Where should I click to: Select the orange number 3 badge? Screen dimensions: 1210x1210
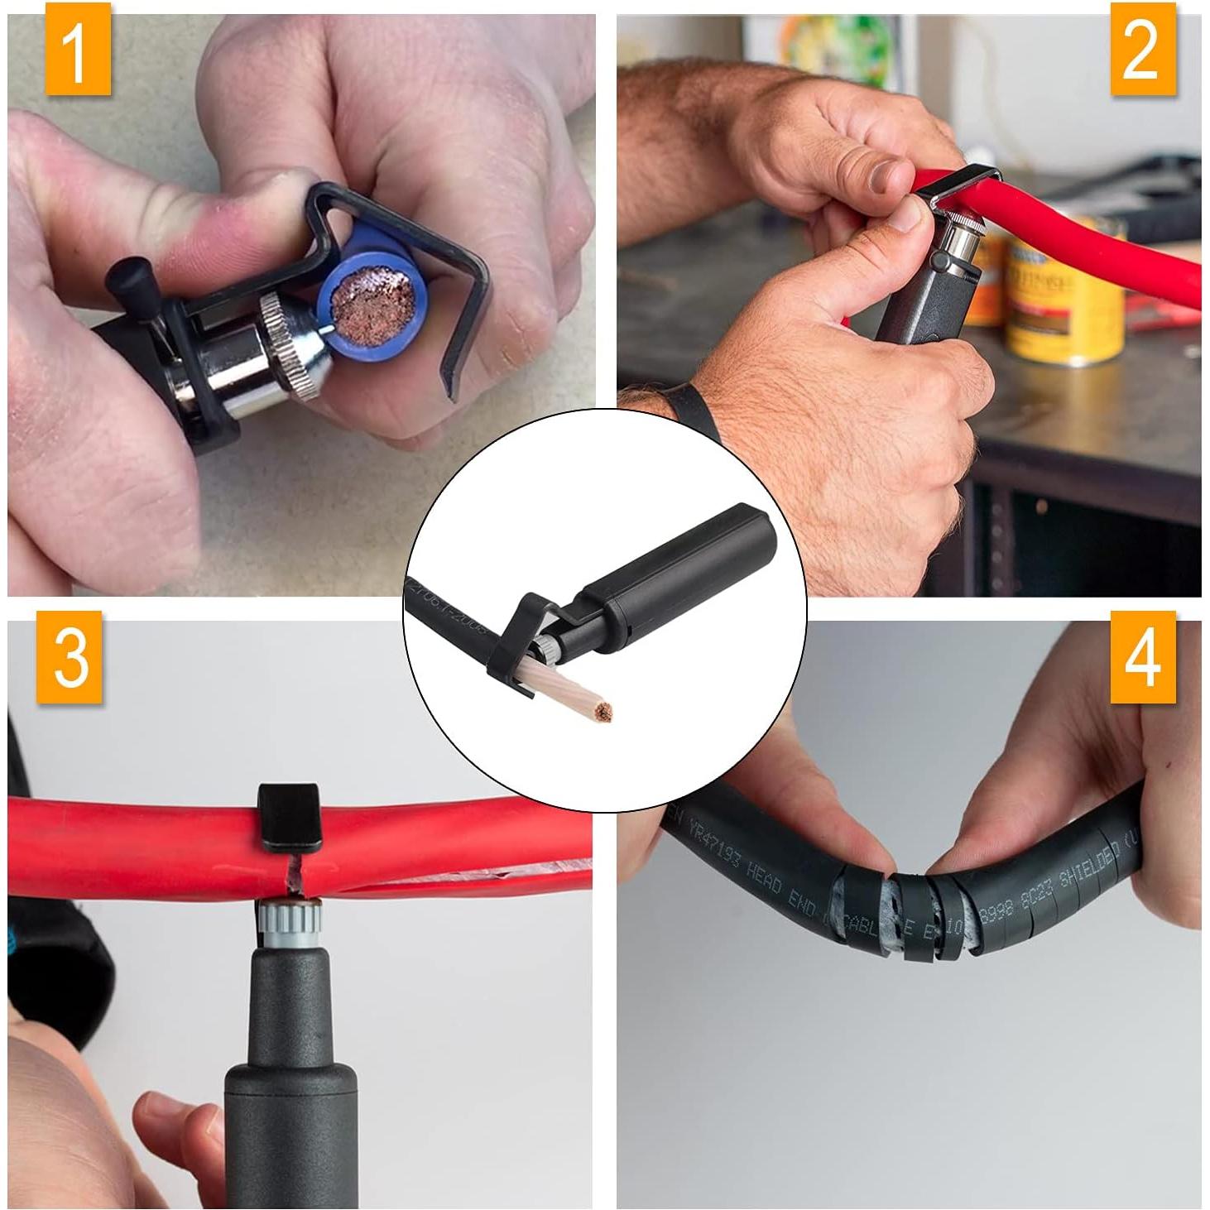70,657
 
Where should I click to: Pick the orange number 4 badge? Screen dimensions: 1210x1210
1142,657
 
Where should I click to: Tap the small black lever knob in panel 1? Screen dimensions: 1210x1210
130,273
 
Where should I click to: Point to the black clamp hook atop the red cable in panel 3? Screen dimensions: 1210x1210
288,815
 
